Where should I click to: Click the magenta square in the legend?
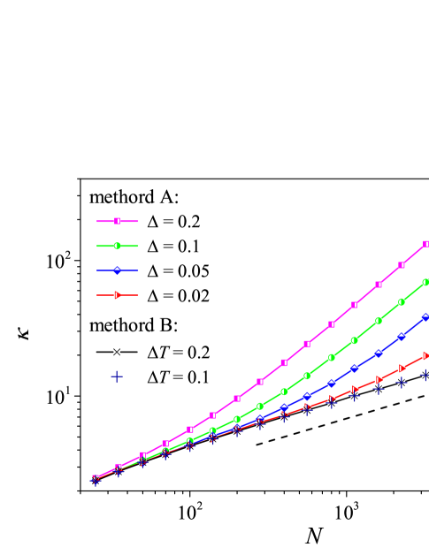[117, 221]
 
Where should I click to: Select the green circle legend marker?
[117, 246]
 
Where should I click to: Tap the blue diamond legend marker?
[117, 270]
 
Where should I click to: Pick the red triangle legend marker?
[117, 295]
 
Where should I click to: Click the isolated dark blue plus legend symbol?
[117, 376]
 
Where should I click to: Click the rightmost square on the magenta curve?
[425, 244]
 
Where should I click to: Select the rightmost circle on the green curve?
[425, 282]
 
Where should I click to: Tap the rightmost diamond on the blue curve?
[425, 316]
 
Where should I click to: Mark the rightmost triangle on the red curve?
[425, 355]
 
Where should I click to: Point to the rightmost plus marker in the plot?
[425, 376]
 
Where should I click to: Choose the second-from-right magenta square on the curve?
[402, 264]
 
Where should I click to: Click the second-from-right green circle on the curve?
[402, 301]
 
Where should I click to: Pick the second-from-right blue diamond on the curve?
[402, 336]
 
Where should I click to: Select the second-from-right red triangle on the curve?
[402, 368]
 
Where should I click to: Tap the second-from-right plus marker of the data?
[402, 383]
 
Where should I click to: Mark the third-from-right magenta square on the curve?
[379, 285]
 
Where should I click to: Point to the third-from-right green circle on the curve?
[379, 321]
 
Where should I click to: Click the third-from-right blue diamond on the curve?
[379, 354]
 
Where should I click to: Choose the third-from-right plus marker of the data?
[379, 389]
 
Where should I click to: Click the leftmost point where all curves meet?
[95, 479]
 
